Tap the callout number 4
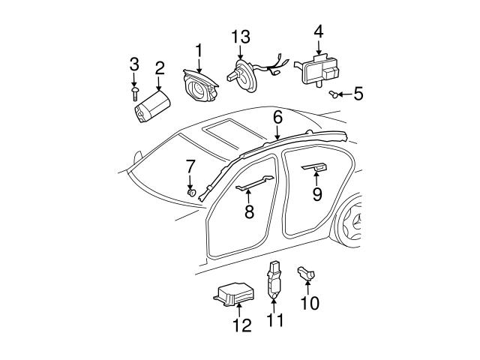click(x=319, y=31)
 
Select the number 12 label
click(x=242, y=325)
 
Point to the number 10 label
click(x=309, y=303)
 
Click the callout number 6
click(x=277, y=117)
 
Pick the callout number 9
click(x=317, y=195)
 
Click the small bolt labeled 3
click(x=133, y=91)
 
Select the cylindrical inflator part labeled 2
click(x=151, y=106)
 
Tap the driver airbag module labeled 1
click(x=200, y=84)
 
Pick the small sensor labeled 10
click(x=307, y=275)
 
